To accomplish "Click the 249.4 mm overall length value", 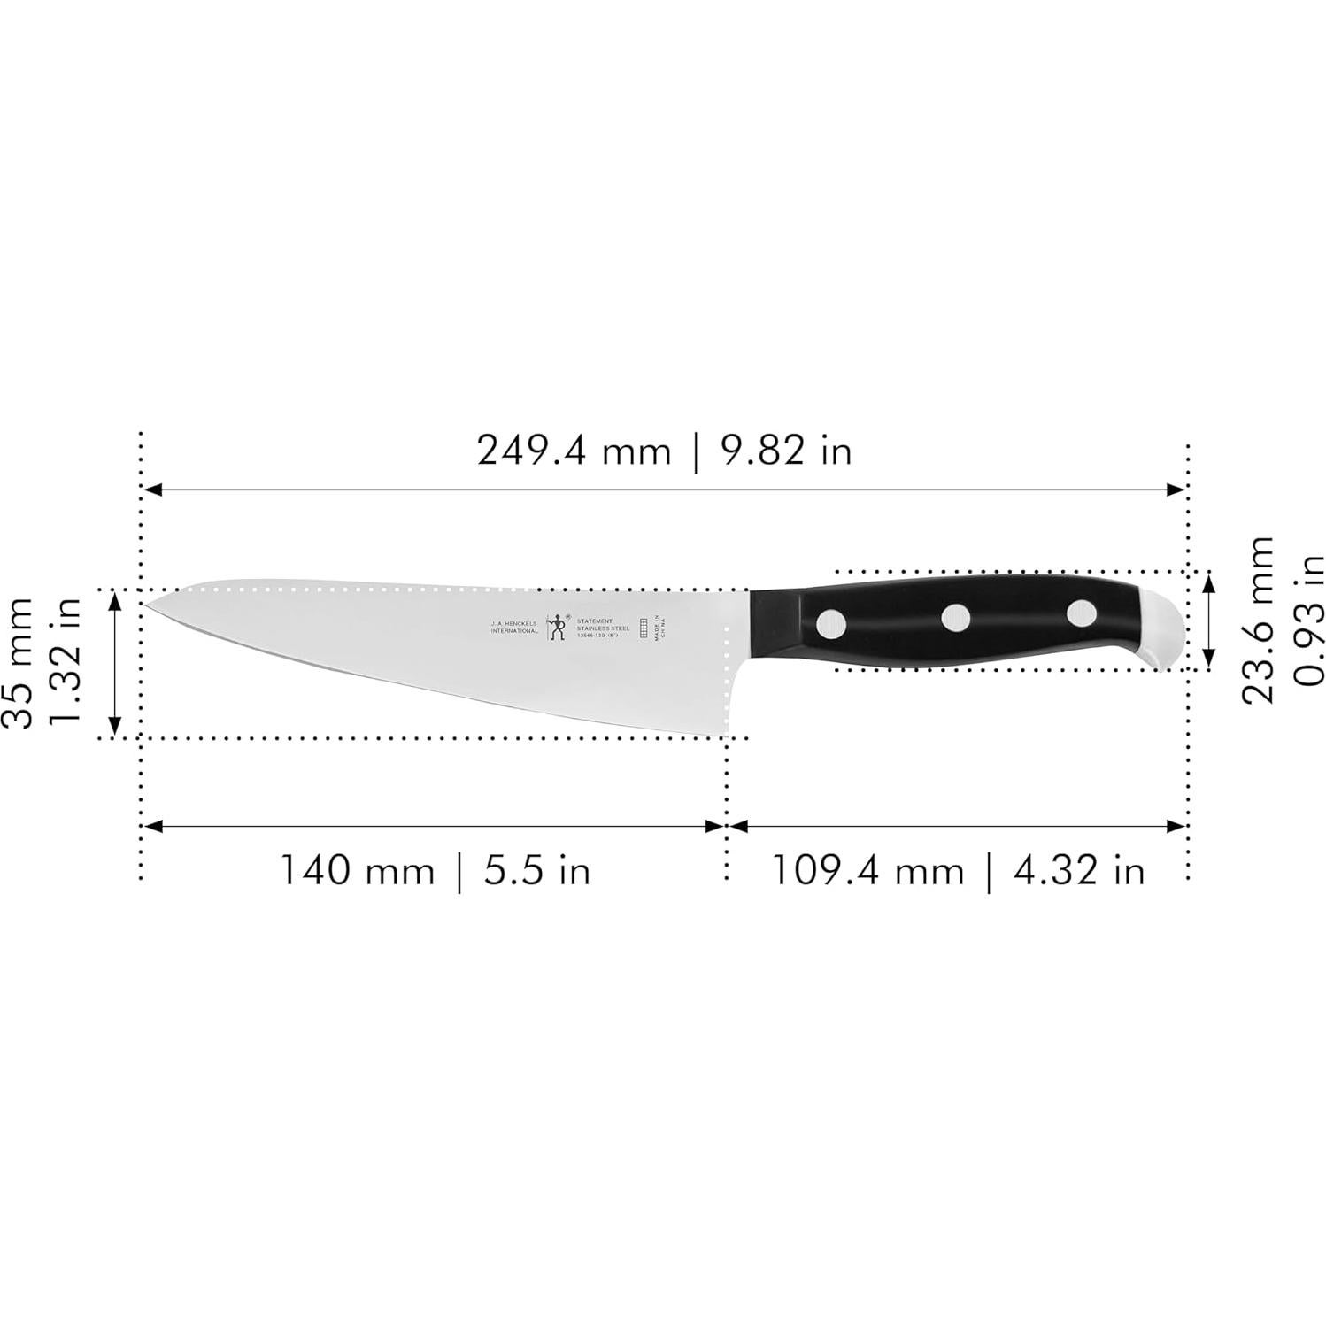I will [574, 451].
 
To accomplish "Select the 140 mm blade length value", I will [358, 871].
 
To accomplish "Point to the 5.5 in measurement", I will [536, 871].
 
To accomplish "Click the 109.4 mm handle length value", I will [868, 871].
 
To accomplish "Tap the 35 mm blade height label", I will [19, 662].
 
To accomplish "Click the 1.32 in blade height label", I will [66, 662].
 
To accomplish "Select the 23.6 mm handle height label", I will [1257, 620].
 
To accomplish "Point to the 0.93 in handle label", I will [1307, 620].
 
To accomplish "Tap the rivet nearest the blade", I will [830, 624].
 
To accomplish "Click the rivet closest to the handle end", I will [1081, 612].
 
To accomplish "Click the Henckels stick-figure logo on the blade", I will [557, 627].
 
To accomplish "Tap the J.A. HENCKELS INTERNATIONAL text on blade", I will [514, 627].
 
